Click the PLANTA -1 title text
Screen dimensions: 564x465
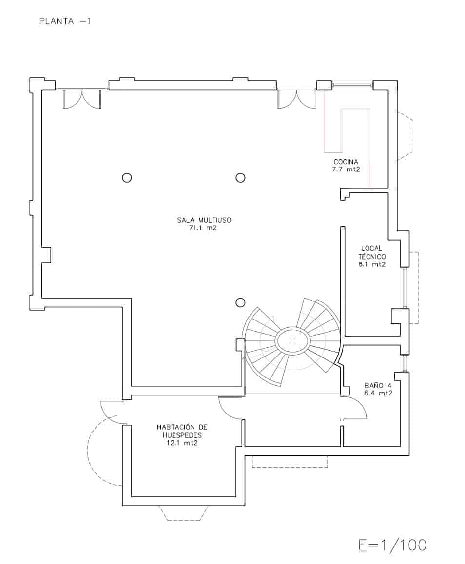65,21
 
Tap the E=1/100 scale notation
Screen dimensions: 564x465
392,545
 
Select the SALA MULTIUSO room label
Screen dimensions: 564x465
204,220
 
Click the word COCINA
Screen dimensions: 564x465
346,162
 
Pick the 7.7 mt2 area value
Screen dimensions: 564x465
346,169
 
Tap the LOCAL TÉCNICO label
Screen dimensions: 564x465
372,252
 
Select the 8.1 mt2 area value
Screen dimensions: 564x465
372,264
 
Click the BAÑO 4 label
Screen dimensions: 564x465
378,385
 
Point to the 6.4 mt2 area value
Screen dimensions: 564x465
378,393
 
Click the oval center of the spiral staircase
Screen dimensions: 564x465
291,340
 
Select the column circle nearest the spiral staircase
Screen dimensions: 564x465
240,303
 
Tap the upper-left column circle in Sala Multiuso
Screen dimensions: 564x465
127,178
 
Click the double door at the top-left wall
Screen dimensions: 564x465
81,98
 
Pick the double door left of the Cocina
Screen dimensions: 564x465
296,99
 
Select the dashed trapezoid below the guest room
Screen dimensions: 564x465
183,513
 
